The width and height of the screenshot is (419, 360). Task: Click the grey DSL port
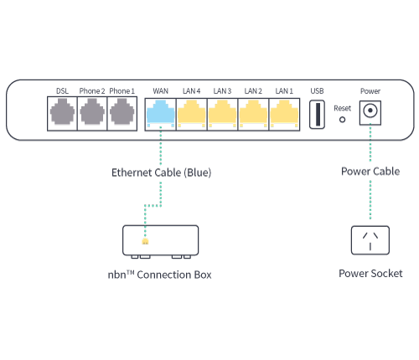62,113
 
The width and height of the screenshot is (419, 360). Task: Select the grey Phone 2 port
92,113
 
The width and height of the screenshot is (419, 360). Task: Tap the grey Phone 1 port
122,113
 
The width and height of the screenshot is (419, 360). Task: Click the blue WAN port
160,113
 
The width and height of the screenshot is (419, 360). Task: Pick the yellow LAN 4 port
192,113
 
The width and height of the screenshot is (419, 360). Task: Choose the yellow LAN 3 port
222,113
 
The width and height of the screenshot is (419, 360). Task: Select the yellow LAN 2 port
253,113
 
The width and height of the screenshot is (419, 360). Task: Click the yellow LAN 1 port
284,113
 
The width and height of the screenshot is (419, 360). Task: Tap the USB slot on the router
317,114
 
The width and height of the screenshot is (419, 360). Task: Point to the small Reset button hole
342,120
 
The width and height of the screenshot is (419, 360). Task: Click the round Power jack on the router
370,112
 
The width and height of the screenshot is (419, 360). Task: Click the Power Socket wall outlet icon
370,243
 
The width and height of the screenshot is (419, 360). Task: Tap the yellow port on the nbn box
146,242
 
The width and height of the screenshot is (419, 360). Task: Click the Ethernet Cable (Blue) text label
162,172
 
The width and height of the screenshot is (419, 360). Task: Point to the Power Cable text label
370,172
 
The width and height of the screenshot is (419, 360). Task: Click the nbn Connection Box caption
159,275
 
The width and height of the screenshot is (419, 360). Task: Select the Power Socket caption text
370,274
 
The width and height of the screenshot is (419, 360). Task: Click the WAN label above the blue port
160,90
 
